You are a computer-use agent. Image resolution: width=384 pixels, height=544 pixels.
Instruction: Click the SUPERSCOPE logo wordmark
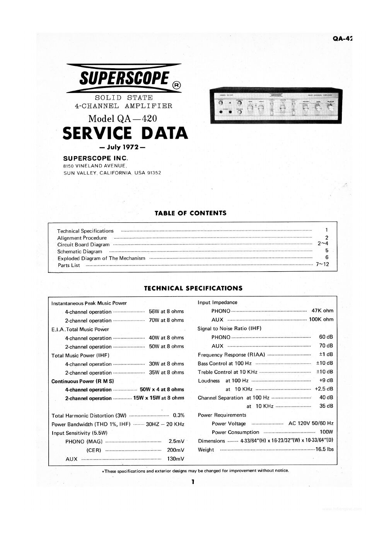pos(124,79)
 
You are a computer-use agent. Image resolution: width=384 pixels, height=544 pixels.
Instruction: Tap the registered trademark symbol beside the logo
pos(176,85)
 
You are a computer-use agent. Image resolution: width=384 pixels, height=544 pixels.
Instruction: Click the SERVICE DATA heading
pos(125,133)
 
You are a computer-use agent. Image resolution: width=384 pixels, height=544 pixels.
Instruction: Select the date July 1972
pos(122,147)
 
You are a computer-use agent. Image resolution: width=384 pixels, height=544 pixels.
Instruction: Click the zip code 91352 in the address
pos(154,173)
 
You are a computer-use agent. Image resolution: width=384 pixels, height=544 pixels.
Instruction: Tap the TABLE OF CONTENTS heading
pos(190,213)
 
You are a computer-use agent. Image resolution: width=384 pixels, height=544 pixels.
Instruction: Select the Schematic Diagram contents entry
pos(80,251)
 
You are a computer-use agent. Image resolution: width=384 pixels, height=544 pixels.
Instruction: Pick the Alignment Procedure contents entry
pos(82,238)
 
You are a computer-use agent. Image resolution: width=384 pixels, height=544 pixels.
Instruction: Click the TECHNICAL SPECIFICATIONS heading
pos(193,288)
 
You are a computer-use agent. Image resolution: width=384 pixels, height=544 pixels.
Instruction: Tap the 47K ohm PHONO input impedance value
pos(322,311)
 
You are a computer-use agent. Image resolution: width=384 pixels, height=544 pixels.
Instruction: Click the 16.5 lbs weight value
pos(324,449)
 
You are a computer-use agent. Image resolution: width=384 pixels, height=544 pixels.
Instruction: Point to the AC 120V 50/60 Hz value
pos(311,423)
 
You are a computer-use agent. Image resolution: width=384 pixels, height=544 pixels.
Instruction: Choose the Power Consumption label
pos(235,432)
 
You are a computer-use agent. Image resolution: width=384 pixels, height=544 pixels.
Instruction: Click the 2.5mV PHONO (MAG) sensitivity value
pos(177,441)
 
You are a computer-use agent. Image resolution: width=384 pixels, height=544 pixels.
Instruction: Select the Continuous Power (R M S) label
pos(83,381)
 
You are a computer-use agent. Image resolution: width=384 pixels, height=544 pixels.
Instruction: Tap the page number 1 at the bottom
pos(192,482)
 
